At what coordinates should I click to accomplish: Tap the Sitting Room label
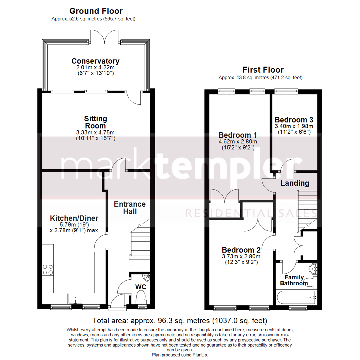coord(95,122)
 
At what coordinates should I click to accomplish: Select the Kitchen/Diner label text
coord(74,218)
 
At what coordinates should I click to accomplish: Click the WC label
coord(141,287)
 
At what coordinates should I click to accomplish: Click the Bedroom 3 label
coord(294,120)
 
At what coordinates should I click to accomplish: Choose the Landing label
coord(295,183)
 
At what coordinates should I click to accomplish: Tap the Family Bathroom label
coord(294,280)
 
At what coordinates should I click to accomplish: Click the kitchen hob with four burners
coord(48,269)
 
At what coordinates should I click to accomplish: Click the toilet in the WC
coord(141,297)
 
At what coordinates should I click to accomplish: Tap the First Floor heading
coord(263,70)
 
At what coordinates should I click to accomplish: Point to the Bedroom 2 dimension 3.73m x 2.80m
coord(241,256)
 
